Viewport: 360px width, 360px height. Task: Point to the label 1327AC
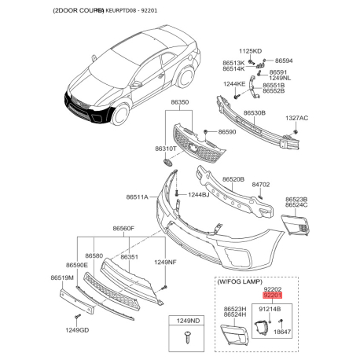(x=296, y=118)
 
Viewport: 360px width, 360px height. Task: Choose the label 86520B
(x=233, y=179)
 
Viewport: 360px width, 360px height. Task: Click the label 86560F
(x=123, y=229)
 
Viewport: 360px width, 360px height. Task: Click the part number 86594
(x=283, y=61)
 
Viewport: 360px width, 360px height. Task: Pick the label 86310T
(x=165, y=148)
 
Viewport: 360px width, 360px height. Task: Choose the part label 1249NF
(x=165, y=261)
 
